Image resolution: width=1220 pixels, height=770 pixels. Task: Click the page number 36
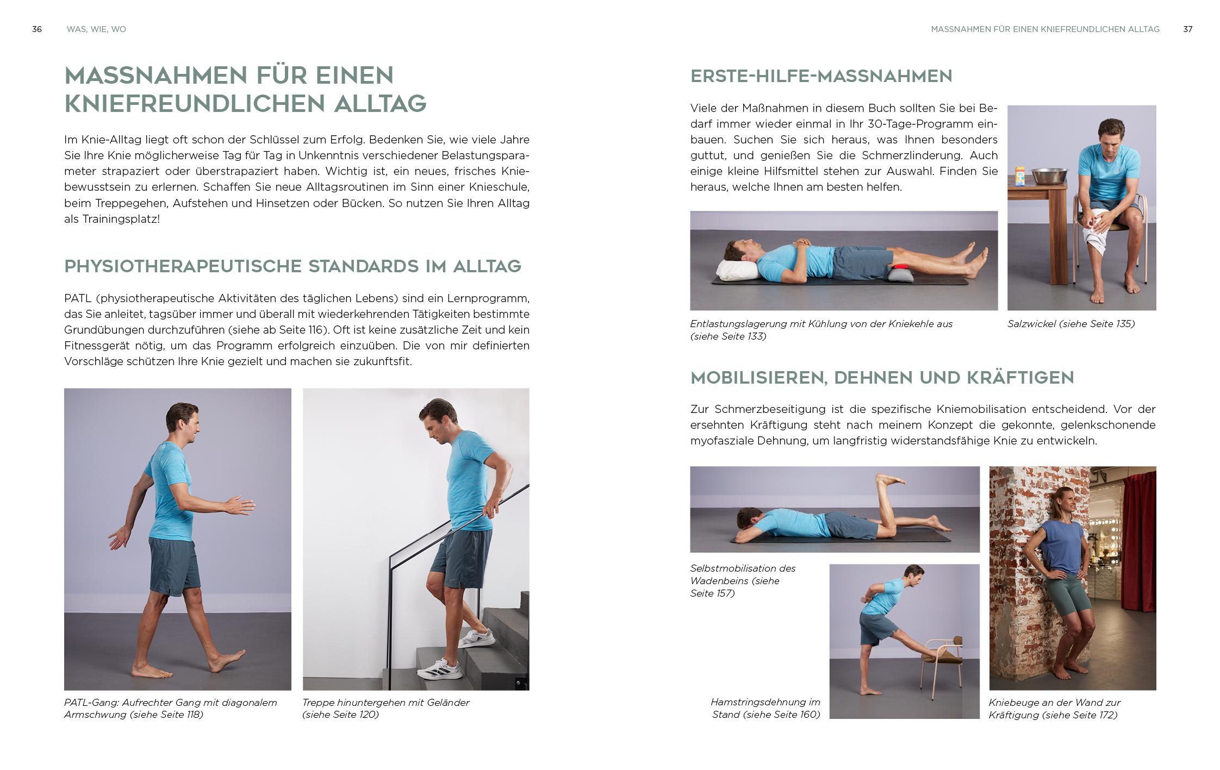37,29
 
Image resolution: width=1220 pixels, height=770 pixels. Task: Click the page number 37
1188,29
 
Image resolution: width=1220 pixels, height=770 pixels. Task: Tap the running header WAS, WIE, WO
96,29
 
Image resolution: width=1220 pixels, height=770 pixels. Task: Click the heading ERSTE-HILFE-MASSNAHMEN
821,76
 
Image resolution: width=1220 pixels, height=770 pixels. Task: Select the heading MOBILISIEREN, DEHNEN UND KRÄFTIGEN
882,378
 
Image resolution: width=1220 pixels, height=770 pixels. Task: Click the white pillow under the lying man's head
735,270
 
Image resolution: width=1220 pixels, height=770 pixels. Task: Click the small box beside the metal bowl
1021,177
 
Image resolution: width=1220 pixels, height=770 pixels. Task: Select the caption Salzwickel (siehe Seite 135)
1070,324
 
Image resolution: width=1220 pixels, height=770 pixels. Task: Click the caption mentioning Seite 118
170,709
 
